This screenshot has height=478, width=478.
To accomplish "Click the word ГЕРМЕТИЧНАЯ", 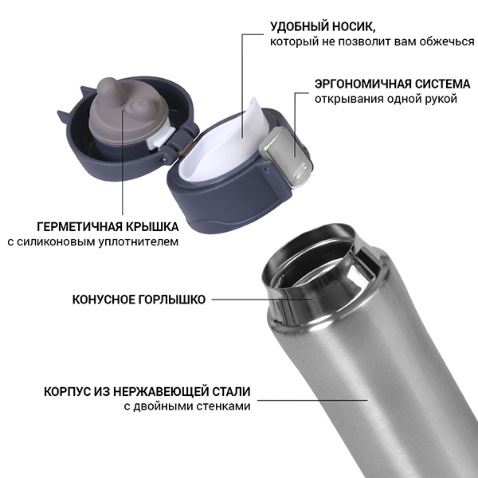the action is (x=80, y=227).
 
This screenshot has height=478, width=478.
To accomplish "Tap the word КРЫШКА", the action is (x=152, y=227).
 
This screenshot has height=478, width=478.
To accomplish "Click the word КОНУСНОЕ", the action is (x=104, y=300).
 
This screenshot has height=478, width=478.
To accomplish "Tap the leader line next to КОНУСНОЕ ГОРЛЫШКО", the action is (x=261, y=300).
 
